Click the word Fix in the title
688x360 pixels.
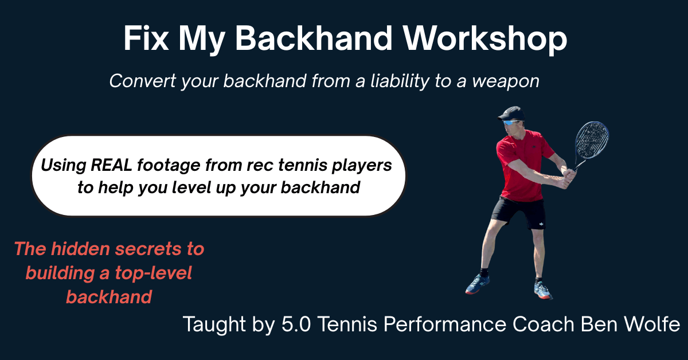point(146,38)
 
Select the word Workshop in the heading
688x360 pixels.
point(484,39)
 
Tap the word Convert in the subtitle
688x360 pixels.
point(143,81)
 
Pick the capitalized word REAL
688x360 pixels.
point(111,165)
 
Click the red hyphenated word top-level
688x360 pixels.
point(153,273)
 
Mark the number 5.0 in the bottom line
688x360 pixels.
point(296,324)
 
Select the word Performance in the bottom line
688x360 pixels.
point(445,324)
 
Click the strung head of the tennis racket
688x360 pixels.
point(592,140)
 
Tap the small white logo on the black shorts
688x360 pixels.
point(541,224)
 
